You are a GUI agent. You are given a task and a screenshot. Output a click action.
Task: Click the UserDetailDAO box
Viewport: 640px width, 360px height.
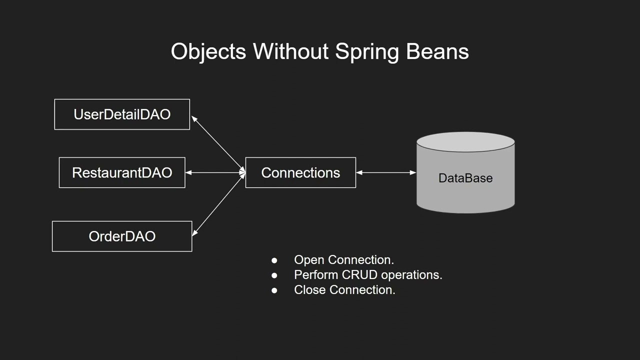click(x=122, y=114)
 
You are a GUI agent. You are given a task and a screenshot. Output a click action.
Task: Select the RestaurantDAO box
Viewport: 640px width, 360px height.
click(x=122, y=172)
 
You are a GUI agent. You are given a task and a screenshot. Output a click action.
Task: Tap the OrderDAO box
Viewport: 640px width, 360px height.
click(x=122, y=236)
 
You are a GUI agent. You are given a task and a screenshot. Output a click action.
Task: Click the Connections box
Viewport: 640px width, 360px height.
click(x=300, y=172)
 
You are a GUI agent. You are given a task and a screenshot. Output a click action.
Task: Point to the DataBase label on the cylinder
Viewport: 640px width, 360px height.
click(x=465, y=178)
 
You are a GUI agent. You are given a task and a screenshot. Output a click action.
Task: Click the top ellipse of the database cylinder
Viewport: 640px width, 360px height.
click(x=465, y=142)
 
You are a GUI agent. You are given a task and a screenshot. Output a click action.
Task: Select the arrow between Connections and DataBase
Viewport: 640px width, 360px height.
click(x=386, y=172)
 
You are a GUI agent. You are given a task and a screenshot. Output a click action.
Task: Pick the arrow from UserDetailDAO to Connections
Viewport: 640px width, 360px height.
click(x=217, y=144)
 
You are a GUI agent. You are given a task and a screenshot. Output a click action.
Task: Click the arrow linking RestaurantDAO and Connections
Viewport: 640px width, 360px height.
click(x=215, y=172)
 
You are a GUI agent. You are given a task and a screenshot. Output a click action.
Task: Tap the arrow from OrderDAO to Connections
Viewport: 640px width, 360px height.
click(x=218, y=204)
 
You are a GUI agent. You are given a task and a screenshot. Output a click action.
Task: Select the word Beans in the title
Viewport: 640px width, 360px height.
click(x=437, y=51)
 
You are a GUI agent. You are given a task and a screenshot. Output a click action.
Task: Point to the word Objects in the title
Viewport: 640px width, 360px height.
click(x=208, y=51)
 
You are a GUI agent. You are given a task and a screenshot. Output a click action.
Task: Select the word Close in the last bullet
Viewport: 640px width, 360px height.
click(x=310, y=290)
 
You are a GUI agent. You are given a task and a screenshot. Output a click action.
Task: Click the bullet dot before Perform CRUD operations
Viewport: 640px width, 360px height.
click(x=274, y=275)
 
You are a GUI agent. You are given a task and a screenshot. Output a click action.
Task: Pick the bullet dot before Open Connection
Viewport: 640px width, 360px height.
click(x=274, y=260)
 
